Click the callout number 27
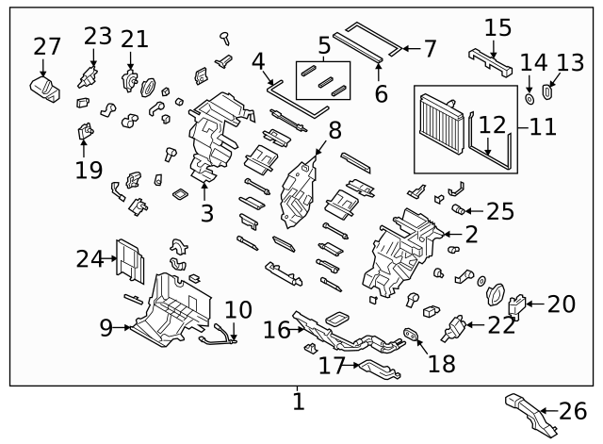click(46, 45)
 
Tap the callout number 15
click(498, 27)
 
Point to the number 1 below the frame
click(299, 402)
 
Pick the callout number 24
click(90, 257)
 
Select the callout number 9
click(106, 327)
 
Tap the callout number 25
click(499, 211)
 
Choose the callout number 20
click(561, 304)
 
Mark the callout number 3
click(206, 213)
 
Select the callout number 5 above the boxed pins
click(323, 45)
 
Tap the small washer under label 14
click(530, 97)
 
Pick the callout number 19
click(87, 171)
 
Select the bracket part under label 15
click(490, 60)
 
